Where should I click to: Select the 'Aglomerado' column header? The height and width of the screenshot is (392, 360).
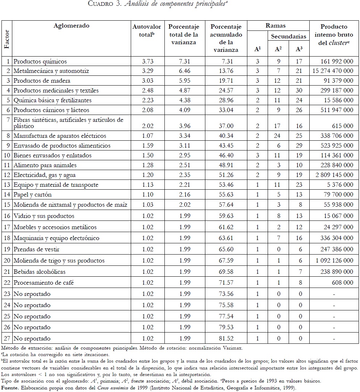(x=71, y=26)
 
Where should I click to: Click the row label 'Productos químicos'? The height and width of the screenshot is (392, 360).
(x=40, y=61)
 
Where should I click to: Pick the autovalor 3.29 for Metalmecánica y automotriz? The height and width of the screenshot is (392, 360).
(x=145, y=71)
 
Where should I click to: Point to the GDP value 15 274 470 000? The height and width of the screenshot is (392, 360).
(x=333, y=71)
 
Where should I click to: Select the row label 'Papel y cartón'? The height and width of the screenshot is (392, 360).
(x=33, y=195)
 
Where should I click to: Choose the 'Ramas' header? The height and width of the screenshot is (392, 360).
(x=276, y=26)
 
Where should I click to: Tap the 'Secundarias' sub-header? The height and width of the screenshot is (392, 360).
(x=289, y=36)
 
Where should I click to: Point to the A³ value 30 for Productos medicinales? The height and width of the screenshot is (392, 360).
(x=300, y=91)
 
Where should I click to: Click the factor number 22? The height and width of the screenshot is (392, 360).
(x=7, y=283)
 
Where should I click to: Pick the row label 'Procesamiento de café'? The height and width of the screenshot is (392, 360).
(x=42, y=283)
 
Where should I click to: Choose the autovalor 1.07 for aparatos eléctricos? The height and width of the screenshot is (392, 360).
(x=145, y=136)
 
